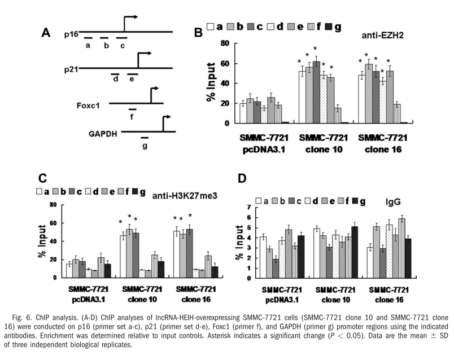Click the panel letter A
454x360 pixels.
pos(47,33)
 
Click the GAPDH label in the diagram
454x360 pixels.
pos(101,134)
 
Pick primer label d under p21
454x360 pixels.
pos(115,80)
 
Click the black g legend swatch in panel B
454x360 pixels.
pos(330,26)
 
